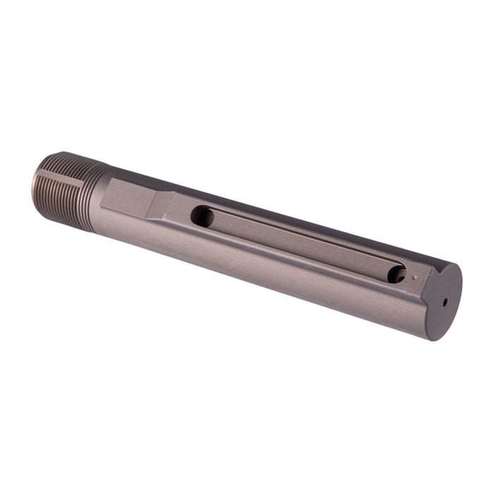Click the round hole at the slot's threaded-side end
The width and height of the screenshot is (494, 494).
pyautogui.click(x=202, y=216)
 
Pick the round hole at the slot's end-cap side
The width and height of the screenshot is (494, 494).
pyautogui.click(x=398, y=274)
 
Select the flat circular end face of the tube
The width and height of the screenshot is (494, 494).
pyautogui.click(x=443, y=299)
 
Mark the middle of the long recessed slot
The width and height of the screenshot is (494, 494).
pyautogui.click(x=300, y=244)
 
